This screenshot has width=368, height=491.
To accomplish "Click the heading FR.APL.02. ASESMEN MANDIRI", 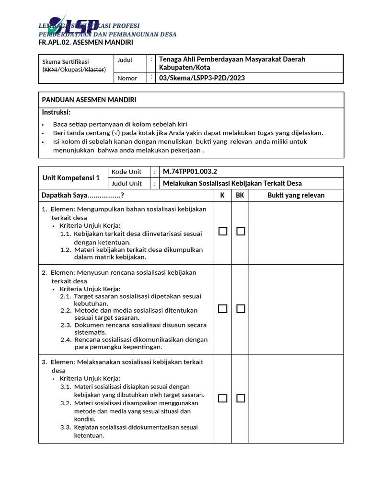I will click(86, 43).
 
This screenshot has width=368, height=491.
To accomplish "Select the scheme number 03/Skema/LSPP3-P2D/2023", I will click(202, 78).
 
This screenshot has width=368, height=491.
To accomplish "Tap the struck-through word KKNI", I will click(50, 70).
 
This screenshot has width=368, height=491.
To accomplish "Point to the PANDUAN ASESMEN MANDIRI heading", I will click(89, 100).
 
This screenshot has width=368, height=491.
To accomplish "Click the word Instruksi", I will click(56, 112).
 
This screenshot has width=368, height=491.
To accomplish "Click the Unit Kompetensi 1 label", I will click(71, 178).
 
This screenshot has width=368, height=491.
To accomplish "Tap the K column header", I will click(222, 195).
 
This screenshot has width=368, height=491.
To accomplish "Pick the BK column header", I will click(240, 195).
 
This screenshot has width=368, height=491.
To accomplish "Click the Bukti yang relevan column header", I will click(296, 195).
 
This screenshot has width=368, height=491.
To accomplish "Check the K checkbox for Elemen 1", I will click(222, 232).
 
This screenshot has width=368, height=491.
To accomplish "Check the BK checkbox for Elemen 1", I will click(241, 232).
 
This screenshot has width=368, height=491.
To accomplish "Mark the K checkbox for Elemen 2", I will click(222, 309).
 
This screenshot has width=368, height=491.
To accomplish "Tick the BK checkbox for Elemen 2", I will click(241, 309).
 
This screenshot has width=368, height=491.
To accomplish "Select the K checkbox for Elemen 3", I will click(222, 398).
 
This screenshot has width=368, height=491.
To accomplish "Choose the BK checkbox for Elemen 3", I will click(241, 398).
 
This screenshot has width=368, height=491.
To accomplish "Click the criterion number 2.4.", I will click(66, 339).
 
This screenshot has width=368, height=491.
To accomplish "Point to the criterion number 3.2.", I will click(66, 403).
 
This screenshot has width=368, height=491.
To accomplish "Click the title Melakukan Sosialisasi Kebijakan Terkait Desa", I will click(232, 183).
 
